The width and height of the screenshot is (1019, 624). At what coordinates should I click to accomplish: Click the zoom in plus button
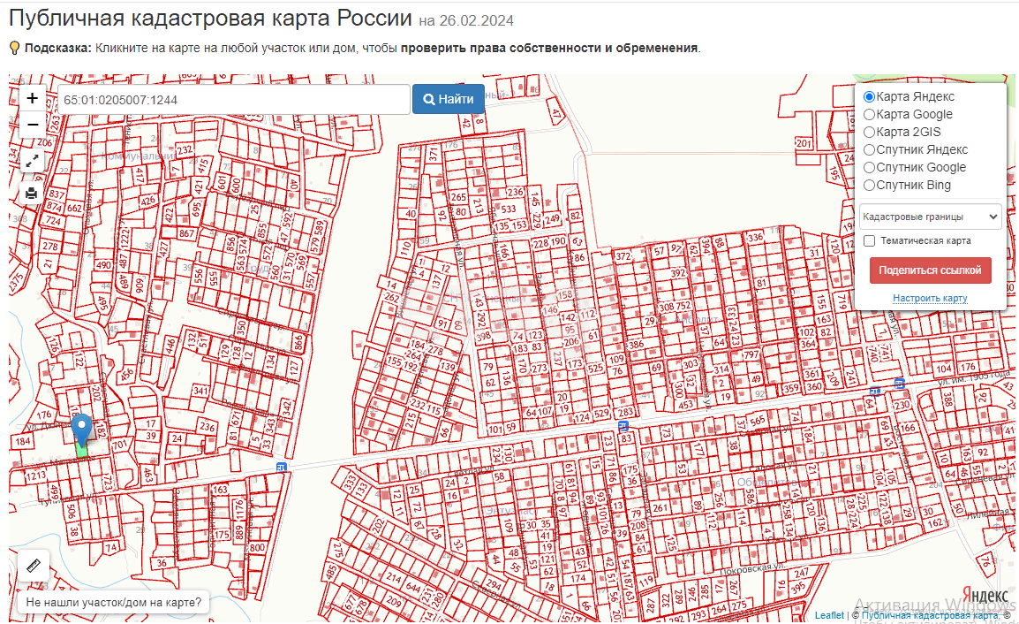33,99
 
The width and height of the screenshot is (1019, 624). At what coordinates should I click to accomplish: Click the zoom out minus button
33,125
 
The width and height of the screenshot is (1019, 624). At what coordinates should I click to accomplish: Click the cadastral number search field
233,100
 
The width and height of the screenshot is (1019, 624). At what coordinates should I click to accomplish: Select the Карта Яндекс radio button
870,96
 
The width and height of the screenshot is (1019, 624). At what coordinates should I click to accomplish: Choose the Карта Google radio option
870,114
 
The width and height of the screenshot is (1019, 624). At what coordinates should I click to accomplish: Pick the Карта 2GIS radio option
870,132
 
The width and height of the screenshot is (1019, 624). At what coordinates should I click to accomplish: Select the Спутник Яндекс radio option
870,149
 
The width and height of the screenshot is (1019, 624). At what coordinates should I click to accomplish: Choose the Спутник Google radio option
870,167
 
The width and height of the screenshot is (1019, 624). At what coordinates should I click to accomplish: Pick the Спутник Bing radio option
870,185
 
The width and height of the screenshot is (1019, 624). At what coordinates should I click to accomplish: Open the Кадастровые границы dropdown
930,217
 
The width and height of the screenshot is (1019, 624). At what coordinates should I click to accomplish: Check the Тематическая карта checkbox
870,240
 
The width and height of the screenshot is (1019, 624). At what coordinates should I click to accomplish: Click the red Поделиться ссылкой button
930,270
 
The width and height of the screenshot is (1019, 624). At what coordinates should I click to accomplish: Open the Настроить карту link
930,299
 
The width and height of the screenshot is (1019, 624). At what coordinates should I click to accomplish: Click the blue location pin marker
81,429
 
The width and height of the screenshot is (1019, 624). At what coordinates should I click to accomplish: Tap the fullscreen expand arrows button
33,161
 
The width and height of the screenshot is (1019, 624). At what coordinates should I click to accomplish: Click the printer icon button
33,193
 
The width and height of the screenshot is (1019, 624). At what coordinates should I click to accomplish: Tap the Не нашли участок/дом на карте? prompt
113,604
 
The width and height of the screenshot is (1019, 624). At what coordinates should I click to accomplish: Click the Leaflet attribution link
829,615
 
